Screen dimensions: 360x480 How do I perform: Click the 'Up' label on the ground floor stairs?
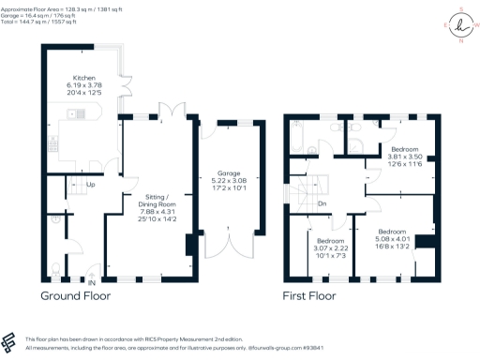[x=90, y=185]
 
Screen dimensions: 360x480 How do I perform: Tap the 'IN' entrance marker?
[x=92, y=280]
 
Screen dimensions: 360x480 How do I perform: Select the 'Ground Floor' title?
[x=75, y=295]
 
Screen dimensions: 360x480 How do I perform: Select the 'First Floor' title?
[x=309, y=295]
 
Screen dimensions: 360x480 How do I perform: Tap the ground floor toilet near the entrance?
[x=54, y=269]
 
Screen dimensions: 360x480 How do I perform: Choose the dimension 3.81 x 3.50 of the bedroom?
[x=405, y=157]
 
